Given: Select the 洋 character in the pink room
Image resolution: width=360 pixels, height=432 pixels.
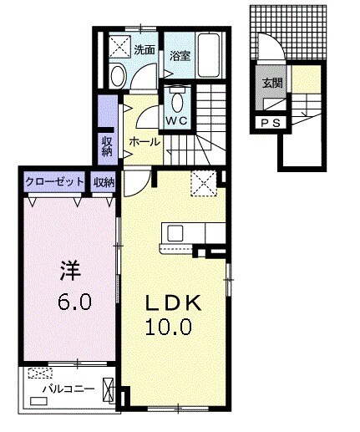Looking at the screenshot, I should (x=68, y=272).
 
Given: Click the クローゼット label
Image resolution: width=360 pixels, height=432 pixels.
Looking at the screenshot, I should (x=54, y=181).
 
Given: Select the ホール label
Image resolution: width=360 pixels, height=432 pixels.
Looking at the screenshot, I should (x=145, y=143).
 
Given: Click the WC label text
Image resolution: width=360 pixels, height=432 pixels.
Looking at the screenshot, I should (x=176, y=120).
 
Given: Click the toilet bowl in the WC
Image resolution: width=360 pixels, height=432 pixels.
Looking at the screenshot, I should (x=176, y=101).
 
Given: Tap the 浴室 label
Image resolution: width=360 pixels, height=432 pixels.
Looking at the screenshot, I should (x=178, y=57).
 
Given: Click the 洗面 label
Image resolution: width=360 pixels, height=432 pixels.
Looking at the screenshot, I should (x=144, y=48).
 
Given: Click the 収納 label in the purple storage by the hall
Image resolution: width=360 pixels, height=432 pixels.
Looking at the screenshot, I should (x=108, y=145).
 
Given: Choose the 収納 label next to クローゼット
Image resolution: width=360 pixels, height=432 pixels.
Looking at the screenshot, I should (x=104, y=181).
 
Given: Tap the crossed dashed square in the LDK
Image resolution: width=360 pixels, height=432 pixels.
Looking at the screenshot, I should (x=203, y=181).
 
